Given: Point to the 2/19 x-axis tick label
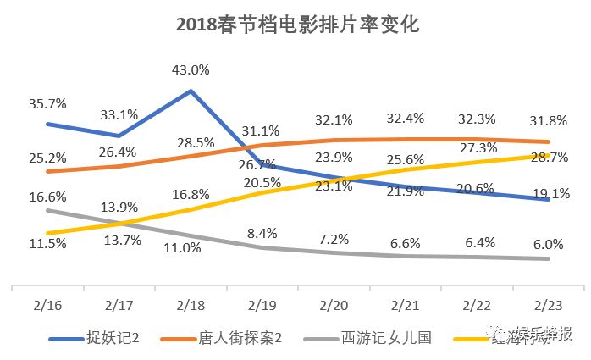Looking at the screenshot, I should tap(262, 304).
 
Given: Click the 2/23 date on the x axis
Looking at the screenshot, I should tap(548, 304).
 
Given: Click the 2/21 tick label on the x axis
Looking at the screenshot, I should tap(406, 304).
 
